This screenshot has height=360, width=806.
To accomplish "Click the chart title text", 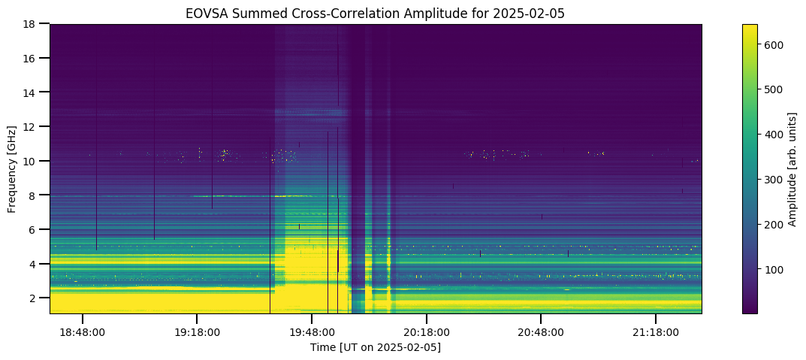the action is (x=376, y=14).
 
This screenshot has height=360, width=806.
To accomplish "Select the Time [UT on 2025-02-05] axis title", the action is (x=376, y=348).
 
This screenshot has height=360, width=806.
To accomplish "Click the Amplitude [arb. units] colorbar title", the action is (x=792, y=168).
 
